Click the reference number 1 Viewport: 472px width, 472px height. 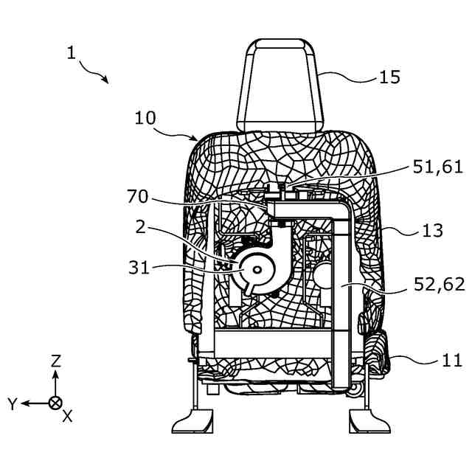[x=71, y=52]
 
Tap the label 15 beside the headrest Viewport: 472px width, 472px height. [x=389, y=76]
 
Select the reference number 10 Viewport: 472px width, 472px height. [x=147, y=118]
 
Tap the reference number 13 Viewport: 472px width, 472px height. [x=434, y=231]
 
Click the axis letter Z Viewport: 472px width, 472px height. [x=55, y=361]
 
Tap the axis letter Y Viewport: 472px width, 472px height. [x=12, y=403]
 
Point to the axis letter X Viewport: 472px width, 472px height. [x=67, y=416]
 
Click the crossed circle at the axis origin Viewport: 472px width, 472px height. [x=55, y=403]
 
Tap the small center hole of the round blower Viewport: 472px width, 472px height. [x=255, y=271]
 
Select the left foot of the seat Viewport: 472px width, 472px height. [x=193, y=423]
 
